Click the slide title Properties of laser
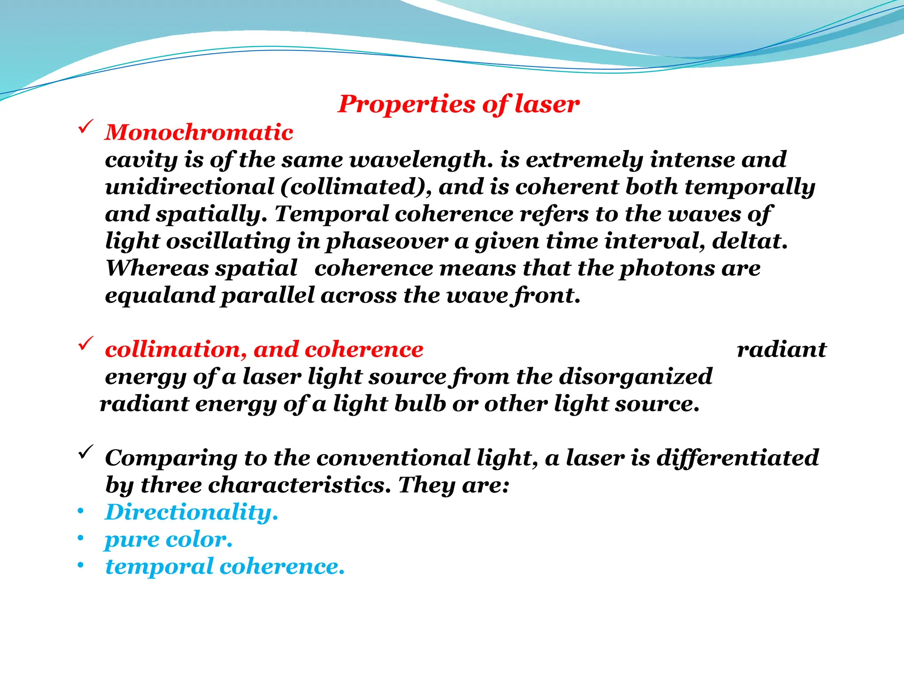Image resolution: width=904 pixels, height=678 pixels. click(x=458, y=105)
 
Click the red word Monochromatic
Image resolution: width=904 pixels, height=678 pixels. click(x=199, y=132)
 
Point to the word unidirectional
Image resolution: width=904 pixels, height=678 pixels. click(x=190, y=187)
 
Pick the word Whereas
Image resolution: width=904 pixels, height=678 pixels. click(x=156, y=268)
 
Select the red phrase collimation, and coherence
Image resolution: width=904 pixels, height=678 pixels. click(x=264, y=350)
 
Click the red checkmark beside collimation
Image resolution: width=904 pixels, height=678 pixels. click(x=85, y=343)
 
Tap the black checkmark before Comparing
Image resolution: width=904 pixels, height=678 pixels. click(x=85, y=452)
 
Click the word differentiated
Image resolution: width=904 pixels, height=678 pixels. click(x=737, y=458)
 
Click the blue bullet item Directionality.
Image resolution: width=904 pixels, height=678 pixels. click(x=191, y=513)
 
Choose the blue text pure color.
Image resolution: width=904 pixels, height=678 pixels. click(x=168, y=540)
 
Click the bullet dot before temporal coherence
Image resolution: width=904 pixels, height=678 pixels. click(x=80, y=565)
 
